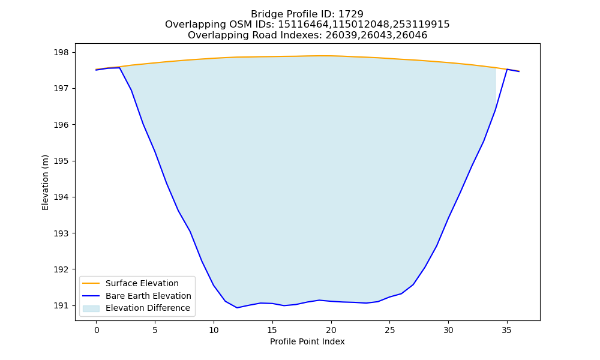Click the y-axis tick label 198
click(61, 52)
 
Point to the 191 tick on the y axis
click(61, 305)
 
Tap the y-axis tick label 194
click(61, 197)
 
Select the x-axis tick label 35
click(507, 330)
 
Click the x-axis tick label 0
click(97, 330)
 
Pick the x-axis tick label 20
click(331, 330)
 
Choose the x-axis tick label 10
click(214, 330)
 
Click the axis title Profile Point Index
click(307, 341)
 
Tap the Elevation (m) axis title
click(45, 182)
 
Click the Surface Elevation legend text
click(142, 283)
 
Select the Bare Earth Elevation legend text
click(148, 296)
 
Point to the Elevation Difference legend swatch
click(91, 308)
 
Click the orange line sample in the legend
click(91, 283)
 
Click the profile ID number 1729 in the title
click(351, 14)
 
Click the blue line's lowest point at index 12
click(237, 308)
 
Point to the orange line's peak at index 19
click(320, 56)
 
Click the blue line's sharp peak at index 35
click(507, 69)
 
